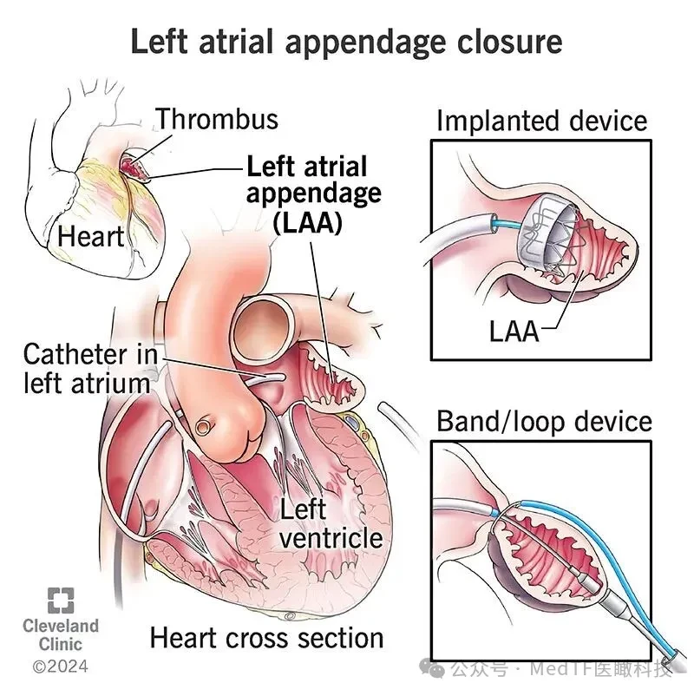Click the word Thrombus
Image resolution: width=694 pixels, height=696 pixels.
(217, 119)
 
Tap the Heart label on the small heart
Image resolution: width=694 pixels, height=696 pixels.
(90, 236)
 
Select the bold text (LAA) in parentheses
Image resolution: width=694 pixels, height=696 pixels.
(307, 222)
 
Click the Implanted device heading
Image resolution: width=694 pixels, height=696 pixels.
(542, 121)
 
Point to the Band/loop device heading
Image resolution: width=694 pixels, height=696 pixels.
(544, 421)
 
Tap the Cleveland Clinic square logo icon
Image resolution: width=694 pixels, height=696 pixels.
(61, 601)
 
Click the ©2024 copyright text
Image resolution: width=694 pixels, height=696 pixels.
(61, 666)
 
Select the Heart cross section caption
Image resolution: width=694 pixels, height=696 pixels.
(266, 639)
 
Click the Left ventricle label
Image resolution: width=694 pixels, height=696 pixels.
(331, 524)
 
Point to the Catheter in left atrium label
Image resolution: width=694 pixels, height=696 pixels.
(90, 369)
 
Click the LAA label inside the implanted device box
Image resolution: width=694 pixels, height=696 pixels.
(514, 332)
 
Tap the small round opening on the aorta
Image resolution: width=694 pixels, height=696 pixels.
(203, 427)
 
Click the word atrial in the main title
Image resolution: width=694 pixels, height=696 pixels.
(236, 42)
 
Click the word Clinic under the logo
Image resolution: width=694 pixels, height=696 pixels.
(61, 644)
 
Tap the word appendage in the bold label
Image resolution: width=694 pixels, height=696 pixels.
(314, 194)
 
